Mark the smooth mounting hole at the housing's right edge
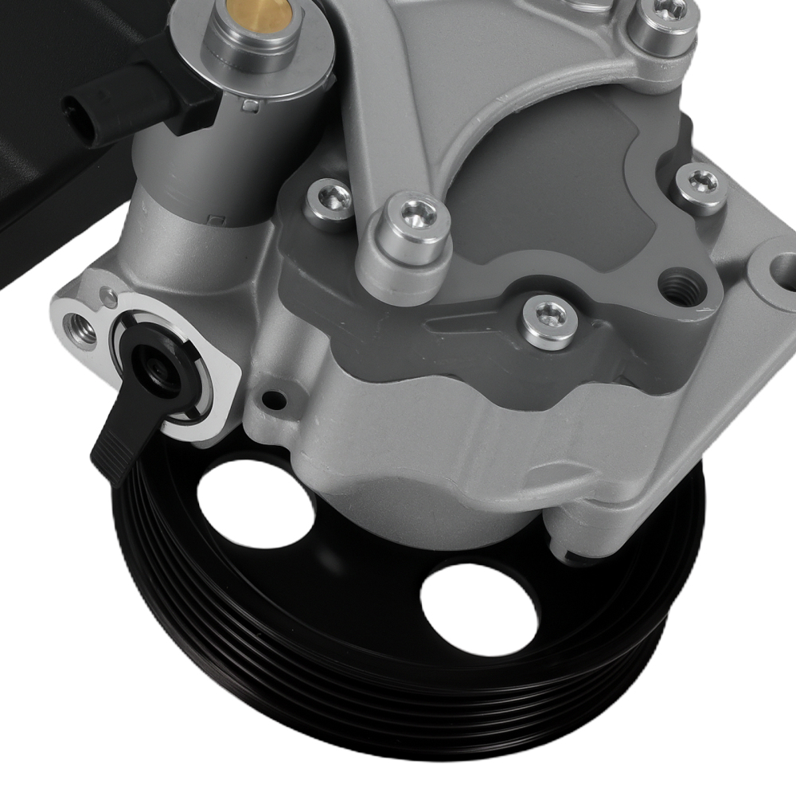[x=783, y=271]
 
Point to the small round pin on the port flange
[x=107, y=298]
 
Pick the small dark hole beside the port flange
[x=275, y=400]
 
